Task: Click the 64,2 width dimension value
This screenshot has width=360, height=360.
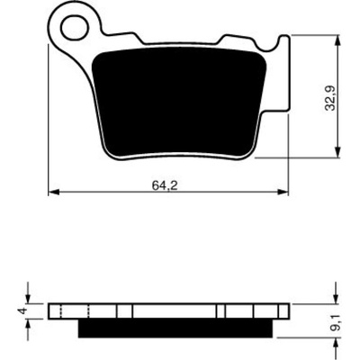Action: [165, 186]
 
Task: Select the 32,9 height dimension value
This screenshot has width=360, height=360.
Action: [331, 98]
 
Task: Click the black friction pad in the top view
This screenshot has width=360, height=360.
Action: [179, 102]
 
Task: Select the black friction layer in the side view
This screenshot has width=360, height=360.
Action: [175, 328]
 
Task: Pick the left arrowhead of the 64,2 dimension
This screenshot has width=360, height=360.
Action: [53, 192]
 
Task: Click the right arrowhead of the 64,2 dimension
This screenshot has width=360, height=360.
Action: [283, 192]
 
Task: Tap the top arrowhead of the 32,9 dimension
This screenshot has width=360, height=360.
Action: [338, 40]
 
